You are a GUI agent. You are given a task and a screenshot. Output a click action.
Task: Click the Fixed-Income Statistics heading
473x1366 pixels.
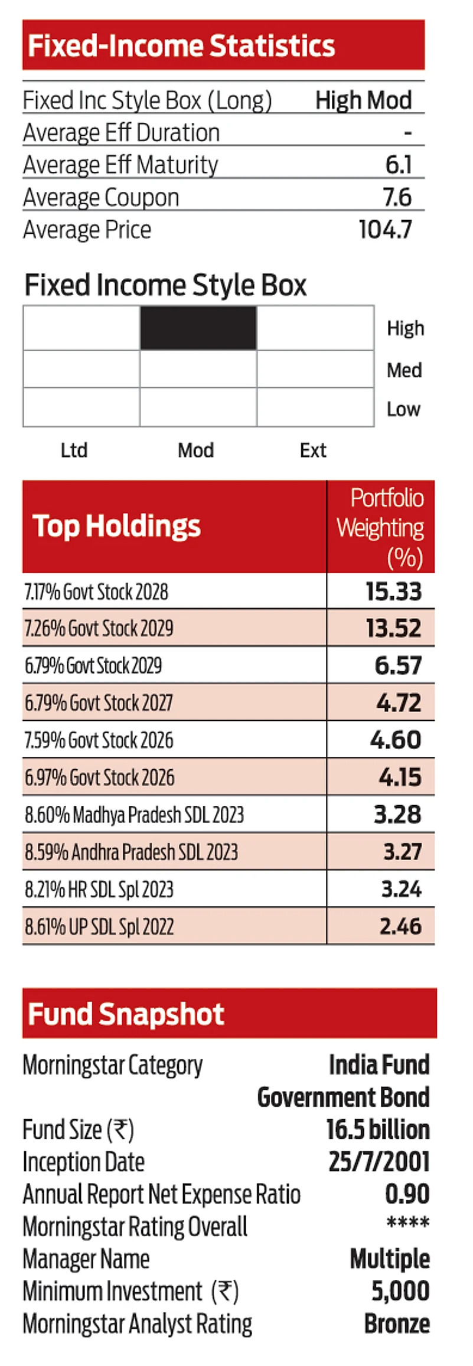pyautogui.click(x=181, y=45)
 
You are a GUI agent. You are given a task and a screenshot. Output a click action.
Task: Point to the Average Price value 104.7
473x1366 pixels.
pyautogui.click(x=385, y=230)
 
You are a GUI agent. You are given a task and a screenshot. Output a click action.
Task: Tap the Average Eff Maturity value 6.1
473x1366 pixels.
pyautogui.click(x=399, y=165)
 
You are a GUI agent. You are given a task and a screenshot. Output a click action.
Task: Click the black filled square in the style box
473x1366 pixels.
pyautogui.click(x=198, y=328)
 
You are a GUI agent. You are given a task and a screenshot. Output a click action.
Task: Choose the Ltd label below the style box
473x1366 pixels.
pyautogui.click(x=74, y=450)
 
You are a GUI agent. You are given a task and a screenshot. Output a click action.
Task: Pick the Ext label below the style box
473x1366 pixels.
pyautogui.click(x=312, y=450)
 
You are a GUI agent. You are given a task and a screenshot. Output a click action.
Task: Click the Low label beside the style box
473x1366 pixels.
pyautogui.click(x=403, y=409)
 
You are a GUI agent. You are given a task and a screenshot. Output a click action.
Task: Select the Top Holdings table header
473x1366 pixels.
pyautogui.click(x=116, y=526)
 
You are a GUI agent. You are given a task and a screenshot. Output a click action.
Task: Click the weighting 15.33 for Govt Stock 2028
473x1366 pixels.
pyautogui.click(x=393, y=592)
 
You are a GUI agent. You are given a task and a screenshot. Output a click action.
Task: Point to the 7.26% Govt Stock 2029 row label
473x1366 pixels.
pyautogui.click(x=99, y=628)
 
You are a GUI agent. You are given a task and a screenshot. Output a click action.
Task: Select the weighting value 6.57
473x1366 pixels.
pyautogui.click(x=398, y=665)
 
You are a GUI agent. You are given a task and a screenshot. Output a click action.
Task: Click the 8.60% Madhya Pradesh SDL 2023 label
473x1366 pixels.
pyautogui.click(x=134, y=815)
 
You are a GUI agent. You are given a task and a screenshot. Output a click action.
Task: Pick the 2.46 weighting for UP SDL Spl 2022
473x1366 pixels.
pyautogui.click(x=400, y=926)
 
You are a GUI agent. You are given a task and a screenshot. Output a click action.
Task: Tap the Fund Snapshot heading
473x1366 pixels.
pyautogui.click(x=126, y=1014)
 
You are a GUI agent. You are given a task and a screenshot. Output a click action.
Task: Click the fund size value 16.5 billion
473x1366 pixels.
pyautogui.click(x=378, y=1129)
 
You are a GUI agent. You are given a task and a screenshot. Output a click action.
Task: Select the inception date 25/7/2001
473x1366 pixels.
pyautogui.click(x=379, y=1162)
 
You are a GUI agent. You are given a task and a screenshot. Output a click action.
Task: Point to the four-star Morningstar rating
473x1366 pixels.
pyautogui.click(x=407, y=1223)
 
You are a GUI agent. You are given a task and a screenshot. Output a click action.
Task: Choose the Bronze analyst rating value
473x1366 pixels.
pyautogui.click(x=397, y=1323)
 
